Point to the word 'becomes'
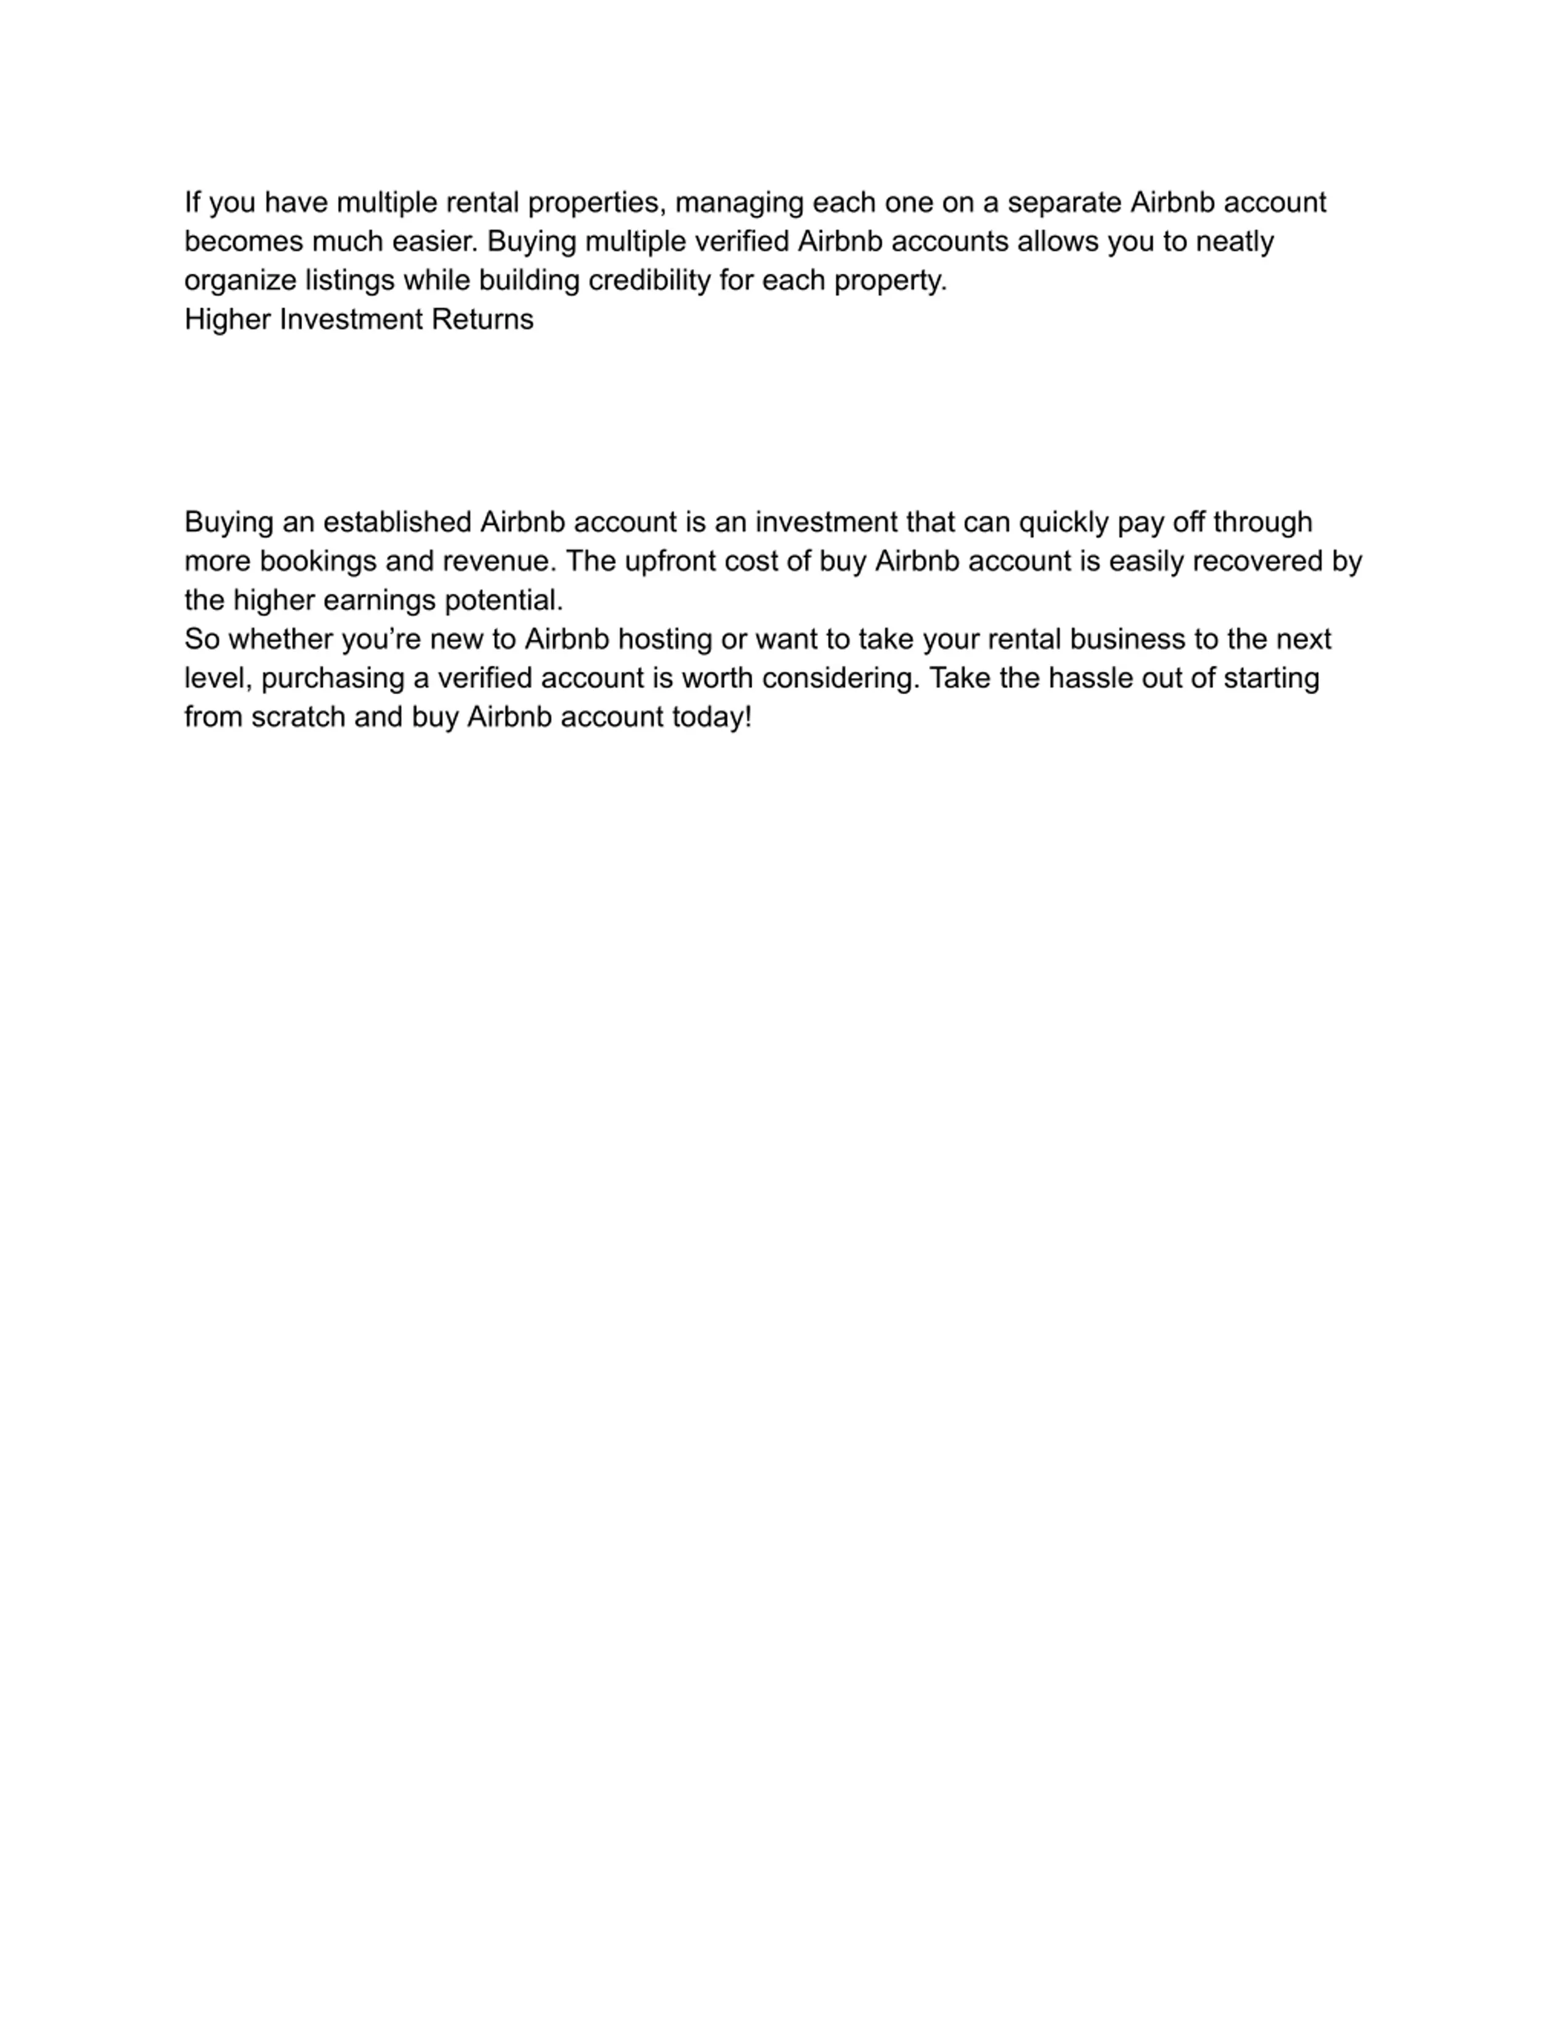pos(243,241)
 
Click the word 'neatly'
pos(1235,241)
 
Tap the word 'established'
pos(397,522)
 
